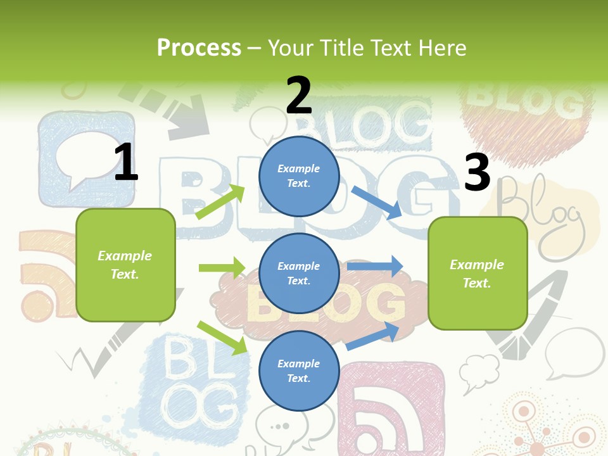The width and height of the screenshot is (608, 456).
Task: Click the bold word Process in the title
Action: (x=199, y=47)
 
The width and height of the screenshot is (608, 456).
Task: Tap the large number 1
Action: (x=126, y=162)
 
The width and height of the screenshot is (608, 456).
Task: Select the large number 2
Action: (x=299, y=96)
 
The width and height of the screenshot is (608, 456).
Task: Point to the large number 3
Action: (x=477, y=172)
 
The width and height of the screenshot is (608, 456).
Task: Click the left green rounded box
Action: (x=125, y=265)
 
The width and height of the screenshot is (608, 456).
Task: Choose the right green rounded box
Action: (x=478, y=273)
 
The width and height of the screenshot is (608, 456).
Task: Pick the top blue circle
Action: (x=299, y=176)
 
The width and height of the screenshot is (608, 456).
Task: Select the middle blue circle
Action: (x=299, y=273)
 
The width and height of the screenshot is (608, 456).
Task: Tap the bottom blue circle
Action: (x=299, y=370)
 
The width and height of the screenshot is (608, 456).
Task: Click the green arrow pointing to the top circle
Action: (x=220, y=202)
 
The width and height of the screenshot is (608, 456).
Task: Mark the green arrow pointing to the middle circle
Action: (x=222, y=268)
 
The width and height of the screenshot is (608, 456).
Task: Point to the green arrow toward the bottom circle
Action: (x=222, y=337)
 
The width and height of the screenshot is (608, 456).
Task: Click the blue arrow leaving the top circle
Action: (x=377, y=202)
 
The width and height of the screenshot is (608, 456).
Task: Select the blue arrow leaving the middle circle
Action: (x=375, y=267)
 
